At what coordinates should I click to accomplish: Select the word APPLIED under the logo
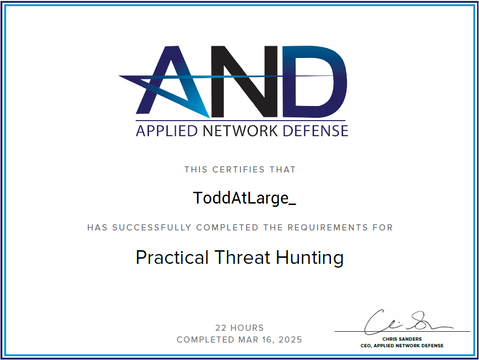point(166,131)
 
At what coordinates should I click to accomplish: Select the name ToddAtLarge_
point(244,198)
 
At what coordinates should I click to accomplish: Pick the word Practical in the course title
point(172,258)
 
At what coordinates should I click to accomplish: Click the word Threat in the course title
point(242,257)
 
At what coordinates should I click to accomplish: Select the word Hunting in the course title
point(310,258)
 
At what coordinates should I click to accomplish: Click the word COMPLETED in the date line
point(205,340)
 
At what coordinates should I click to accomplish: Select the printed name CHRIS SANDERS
point(402,339)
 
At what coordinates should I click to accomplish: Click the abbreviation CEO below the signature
point(366,345)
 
